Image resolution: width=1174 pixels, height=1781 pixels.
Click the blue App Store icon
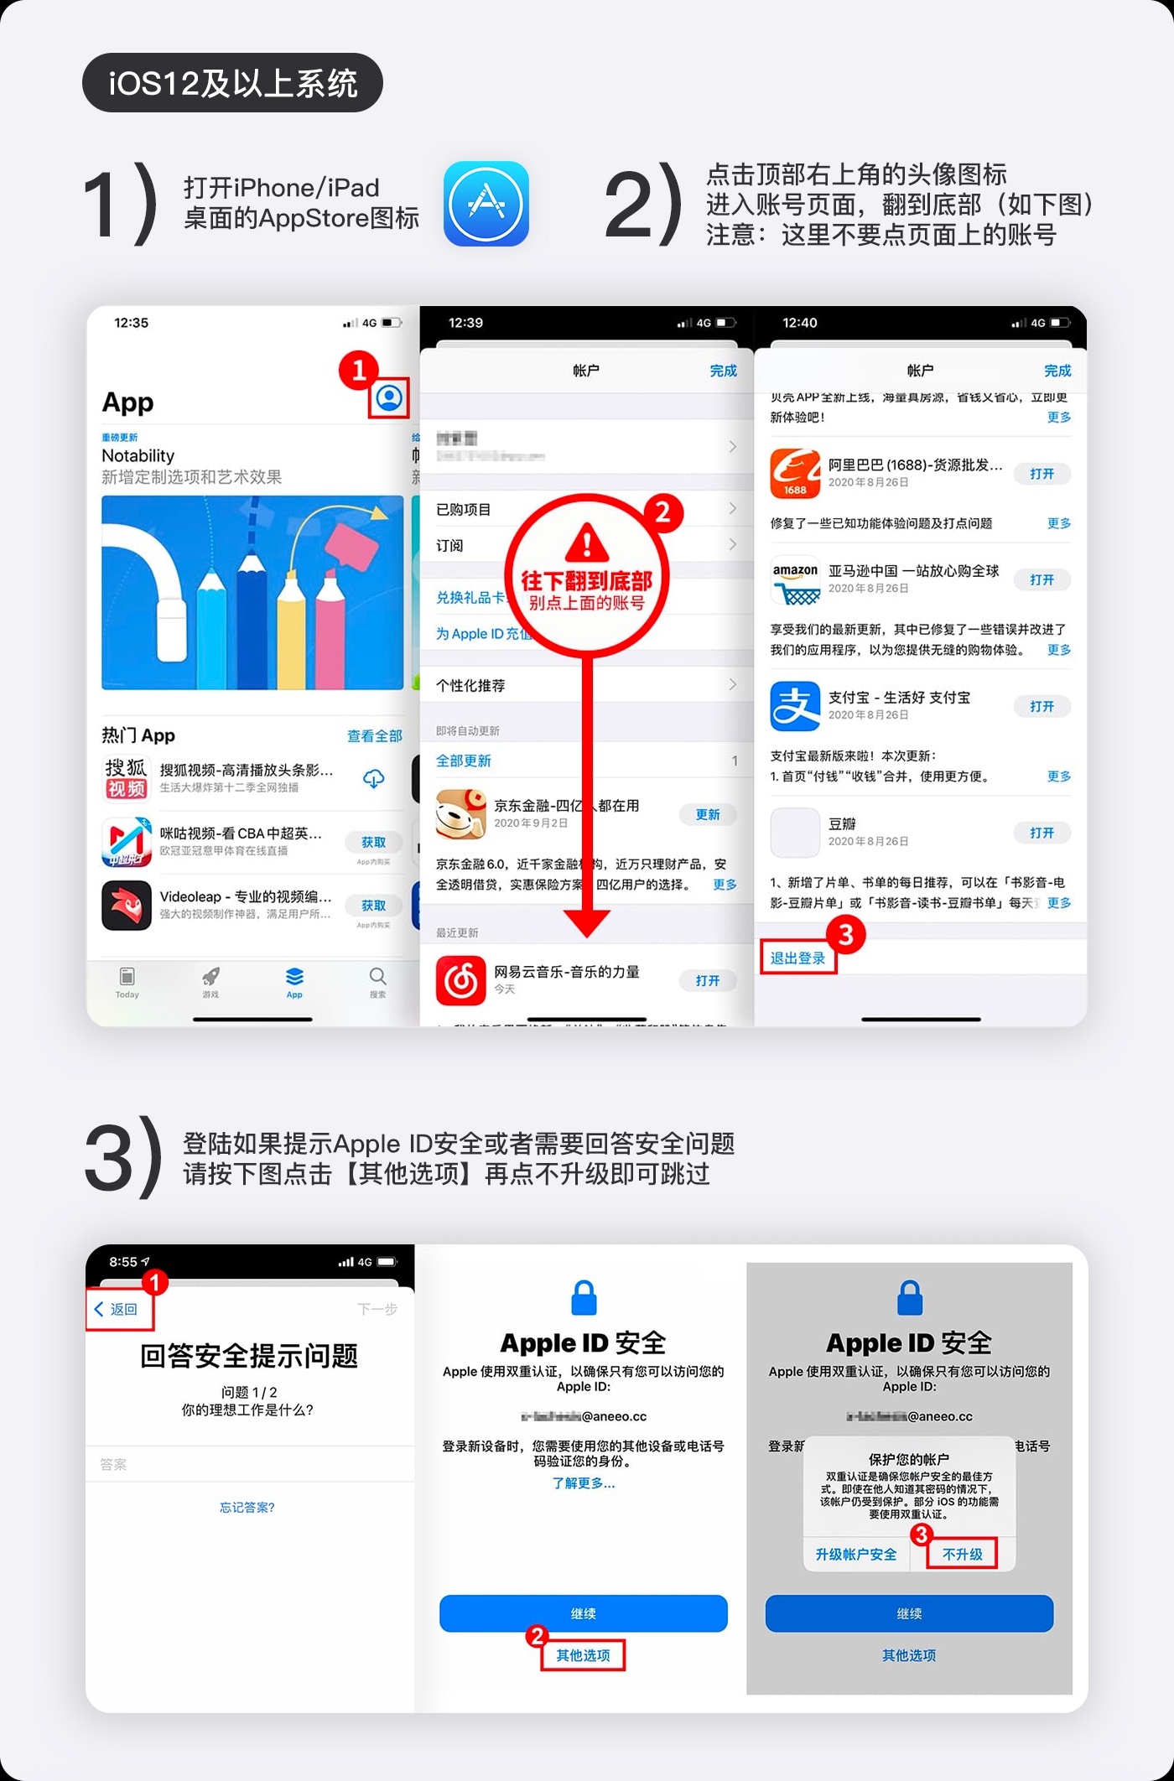[x=486, y=204]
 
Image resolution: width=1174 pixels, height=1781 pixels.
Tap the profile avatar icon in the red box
[x=389, y=397]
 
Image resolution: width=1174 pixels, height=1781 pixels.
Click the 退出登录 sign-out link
[x=797, y=958]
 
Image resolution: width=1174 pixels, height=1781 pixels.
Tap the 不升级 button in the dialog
[x=962, y=1554]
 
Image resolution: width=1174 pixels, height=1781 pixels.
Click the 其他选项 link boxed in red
[x=583, y=1655]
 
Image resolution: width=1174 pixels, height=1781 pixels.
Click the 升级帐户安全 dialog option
[x=855, y=1554]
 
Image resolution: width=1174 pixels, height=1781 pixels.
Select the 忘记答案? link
[x=247, y=1507]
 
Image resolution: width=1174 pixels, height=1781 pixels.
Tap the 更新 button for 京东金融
[x=707, y=814]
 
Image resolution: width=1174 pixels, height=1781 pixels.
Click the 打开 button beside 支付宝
[x=1042, y=706]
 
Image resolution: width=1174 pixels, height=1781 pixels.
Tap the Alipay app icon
[x=795, y=706]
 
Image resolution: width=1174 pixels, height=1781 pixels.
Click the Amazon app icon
[x=795, y=579]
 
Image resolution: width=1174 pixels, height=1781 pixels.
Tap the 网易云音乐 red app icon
[x=460, y=980]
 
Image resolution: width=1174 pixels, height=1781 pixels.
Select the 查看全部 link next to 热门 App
[x=374, y=735]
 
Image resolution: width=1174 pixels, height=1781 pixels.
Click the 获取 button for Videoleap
[x=373, y=906]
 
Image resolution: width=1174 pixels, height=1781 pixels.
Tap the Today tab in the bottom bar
[x=127, y=981]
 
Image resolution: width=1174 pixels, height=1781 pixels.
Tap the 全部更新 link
[x=464, y=761]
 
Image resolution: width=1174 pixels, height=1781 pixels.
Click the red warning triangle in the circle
[x=587, y=542]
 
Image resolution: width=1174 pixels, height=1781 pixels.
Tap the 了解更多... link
[x=584, y=1482]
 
